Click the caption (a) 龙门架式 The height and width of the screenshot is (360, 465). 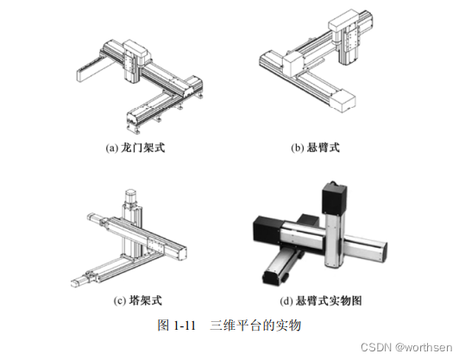pos(135,148)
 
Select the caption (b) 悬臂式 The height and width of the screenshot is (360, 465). pos(315,148)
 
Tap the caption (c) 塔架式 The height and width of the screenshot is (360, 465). pos(138,300)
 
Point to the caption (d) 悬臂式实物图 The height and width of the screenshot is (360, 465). pos(321,300)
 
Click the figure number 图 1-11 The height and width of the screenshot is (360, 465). pos(177,325)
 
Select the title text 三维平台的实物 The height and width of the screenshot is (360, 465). pos(255,325)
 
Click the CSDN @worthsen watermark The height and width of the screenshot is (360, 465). pos(406,347)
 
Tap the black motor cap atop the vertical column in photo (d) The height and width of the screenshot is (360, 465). pos(334,198)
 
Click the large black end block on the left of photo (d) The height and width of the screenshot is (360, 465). pos(267,230)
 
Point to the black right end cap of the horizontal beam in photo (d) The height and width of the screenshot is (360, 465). pos(384,252)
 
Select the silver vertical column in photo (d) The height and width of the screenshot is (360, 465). pos(335,239)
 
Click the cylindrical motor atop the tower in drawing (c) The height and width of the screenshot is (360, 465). pos(131,197)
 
